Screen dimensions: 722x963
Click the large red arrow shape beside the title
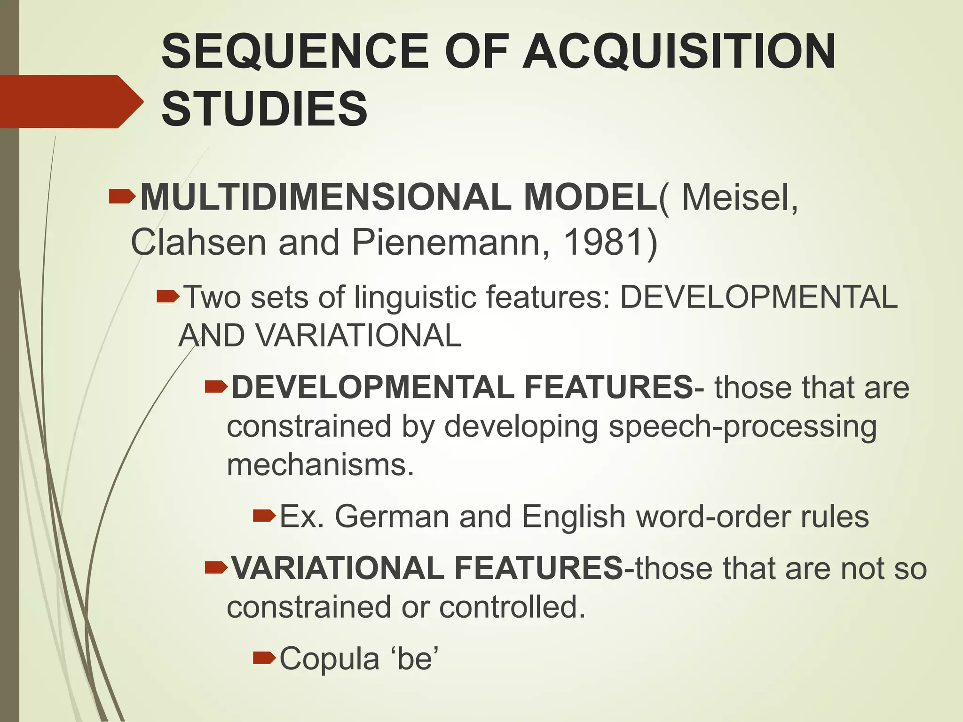[71, 102]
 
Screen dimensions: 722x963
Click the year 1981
[603, 243]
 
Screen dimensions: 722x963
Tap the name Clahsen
[198, 243]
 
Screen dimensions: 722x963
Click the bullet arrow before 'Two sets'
[168, 297]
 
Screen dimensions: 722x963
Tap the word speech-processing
[742, 427]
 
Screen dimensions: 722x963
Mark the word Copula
[329, 658]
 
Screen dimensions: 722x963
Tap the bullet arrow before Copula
[264, 658]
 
